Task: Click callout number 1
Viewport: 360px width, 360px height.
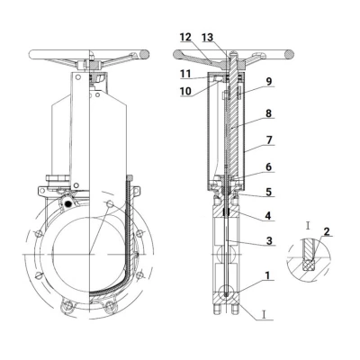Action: point(267,275)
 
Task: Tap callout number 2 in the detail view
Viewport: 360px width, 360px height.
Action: point(327,231)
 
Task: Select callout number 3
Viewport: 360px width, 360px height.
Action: point(269,240)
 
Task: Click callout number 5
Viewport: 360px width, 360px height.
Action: point(269,192)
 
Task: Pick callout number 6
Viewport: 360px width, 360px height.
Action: point(269,166)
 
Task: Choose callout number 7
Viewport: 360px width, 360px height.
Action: point(269,140)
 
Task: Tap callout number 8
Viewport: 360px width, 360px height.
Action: point(268,113)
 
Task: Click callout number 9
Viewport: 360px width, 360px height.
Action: point(269,81)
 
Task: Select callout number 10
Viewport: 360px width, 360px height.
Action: point(185,91)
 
